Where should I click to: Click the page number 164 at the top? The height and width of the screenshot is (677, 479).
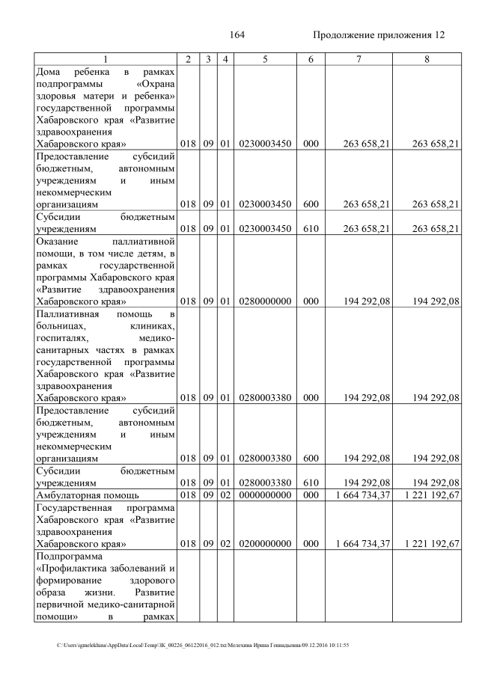click(237, 35)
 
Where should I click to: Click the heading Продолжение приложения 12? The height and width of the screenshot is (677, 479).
click(378, 35)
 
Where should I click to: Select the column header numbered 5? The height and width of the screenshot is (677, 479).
click(265, 58)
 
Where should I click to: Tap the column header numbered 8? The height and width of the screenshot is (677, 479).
click(426, 58)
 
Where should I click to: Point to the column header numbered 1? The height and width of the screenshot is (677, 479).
click(105, 58)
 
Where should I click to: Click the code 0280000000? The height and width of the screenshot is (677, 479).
click(265, 301)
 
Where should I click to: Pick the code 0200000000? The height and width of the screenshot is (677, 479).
click(265, 544)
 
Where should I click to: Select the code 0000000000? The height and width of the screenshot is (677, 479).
click(265, 494)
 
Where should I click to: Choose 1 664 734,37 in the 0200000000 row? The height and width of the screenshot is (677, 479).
click(353, 544)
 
